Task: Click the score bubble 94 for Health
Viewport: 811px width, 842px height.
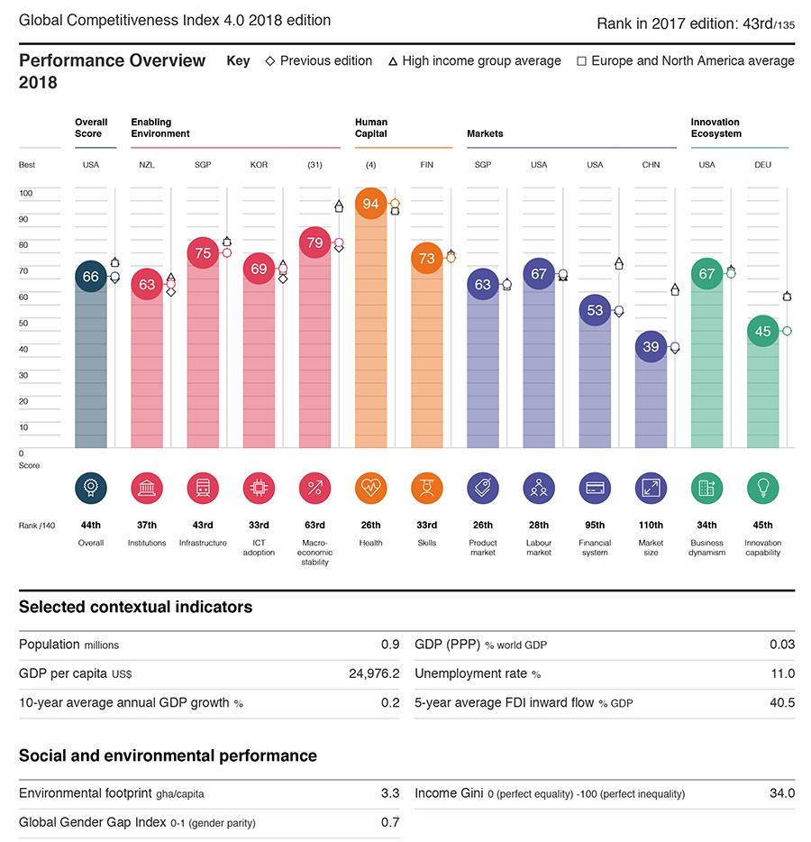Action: pos(370,204)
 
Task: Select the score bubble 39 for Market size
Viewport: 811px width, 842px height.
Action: pos(651,346)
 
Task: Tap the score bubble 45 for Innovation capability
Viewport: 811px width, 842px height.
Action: pos(762,331)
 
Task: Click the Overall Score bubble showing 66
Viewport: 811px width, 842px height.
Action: pos(91,277)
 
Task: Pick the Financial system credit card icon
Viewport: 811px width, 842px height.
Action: pos(595,488)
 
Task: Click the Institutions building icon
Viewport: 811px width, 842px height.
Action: pos(147,488)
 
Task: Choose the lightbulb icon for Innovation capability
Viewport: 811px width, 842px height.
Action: pos(762,488)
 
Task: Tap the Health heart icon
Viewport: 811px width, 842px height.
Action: pos(370,488)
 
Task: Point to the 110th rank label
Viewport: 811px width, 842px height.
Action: pos(651,526)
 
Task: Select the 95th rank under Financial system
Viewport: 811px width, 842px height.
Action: pos(595,526)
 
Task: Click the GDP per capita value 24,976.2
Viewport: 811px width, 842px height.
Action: pos(374,673)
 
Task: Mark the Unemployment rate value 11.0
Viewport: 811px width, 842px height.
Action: pos(783,673)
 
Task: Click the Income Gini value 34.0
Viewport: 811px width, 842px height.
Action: pos(782,793)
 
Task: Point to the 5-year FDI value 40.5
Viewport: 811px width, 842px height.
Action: pos(782,702)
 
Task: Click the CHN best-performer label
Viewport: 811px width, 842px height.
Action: pos(651,165)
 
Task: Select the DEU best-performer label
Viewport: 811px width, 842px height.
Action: pos(762,165)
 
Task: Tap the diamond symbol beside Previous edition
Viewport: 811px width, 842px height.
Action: pos(269,61)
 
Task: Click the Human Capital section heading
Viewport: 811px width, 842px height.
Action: pos(370,127)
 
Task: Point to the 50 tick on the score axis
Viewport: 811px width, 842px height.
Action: pos(25,323)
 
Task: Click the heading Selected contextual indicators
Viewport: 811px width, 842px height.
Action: pos(135,608)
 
